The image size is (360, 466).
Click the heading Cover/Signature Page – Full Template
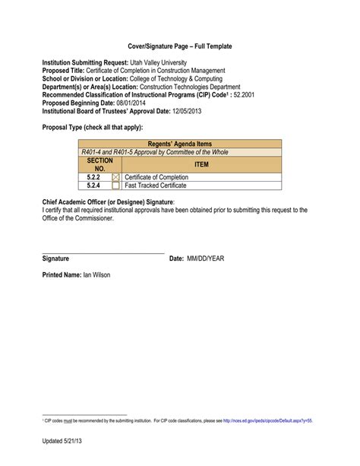(179, 46)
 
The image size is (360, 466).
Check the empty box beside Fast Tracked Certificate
(115, 185)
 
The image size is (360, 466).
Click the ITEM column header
(201, 164)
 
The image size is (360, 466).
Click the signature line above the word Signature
(103, 252)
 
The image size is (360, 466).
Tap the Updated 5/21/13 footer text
(64, 442)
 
